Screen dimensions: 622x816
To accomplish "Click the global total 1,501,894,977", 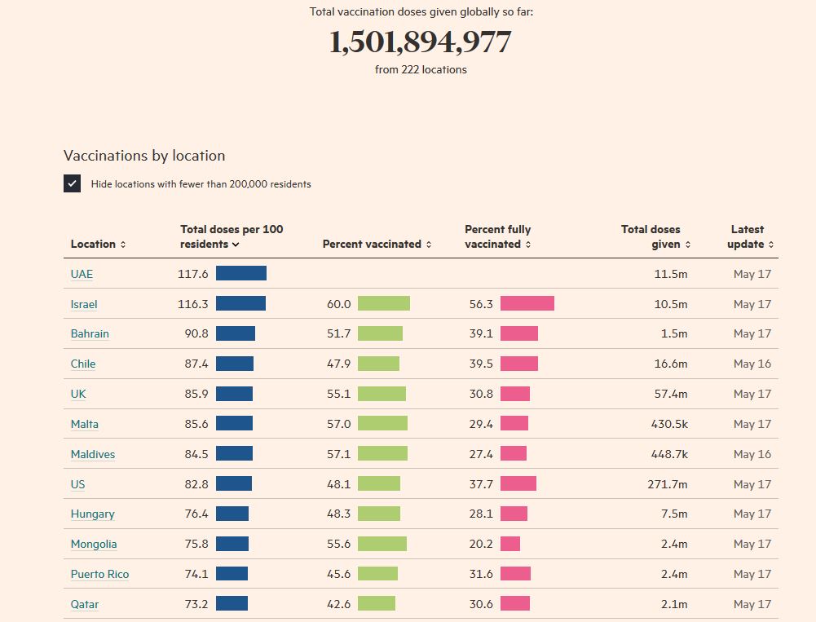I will point(420,42).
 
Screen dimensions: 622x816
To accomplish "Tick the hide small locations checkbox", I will point(73,183).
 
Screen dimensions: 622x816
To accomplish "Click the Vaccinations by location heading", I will point(144,156).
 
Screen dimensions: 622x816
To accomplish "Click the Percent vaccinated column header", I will point(376,244).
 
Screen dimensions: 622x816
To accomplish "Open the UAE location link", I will point(82,274).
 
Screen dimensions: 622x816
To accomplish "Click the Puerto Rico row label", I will point(99,574).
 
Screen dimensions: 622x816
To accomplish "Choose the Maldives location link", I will point(92,454).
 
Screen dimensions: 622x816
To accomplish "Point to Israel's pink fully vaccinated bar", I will point(527,303).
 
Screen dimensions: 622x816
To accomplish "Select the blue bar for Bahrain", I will point(235,333).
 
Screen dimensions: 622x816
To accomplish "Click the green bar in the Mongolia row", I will point(382,544).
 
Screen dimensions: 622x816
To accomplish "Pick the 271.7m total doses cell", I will point(668,484).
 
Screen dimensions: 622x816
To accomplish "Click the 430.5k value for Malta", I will point(668,424).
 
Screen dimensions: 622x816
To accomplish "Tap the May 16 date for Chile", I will point(752,364).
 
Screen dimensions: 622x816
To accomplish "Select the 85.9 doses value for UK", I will point(196,394).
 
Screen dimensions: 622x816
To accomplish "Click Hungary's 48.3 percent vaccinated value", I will point(338,514).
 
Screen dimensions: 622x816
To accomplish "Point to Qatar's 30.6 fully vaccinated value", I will point(481,604).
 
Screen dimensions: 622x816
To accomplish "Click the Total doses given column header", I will point(655,237).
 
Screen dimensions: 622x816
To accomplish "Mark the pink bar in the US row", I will point(518,483).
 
